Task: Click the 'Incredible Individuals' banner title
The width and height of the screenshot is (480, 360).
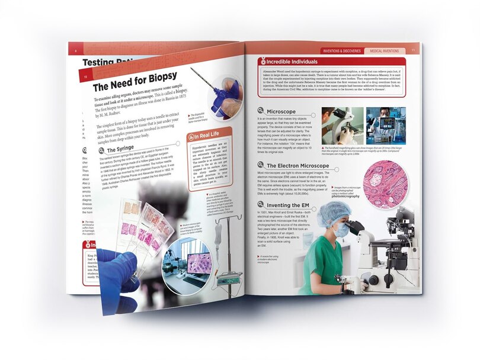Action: [292, 62]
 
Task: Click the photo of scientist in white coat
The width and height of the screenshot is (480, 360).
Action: [385, 126]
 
